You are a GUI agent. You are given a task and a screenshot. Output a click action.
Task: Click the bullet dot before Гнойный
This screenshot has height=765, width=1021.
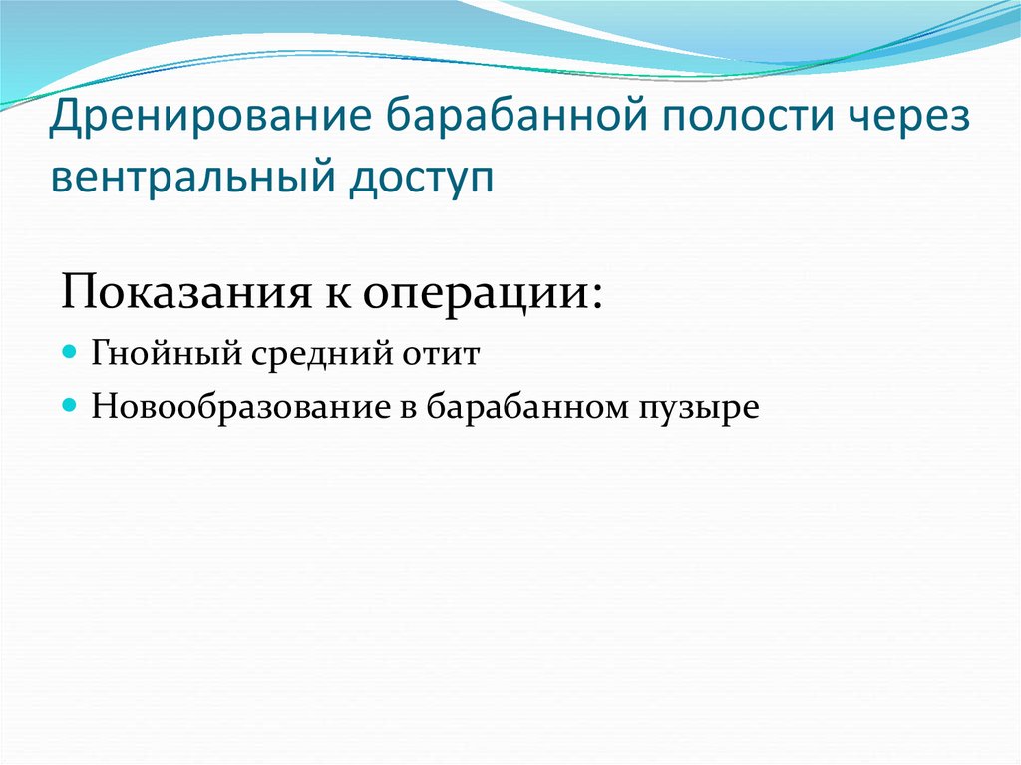(x=69, y=353)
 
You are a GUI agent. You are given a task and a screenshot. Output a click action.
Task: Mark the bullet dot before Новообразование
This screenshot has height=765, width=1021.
(x=69, y=406)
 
